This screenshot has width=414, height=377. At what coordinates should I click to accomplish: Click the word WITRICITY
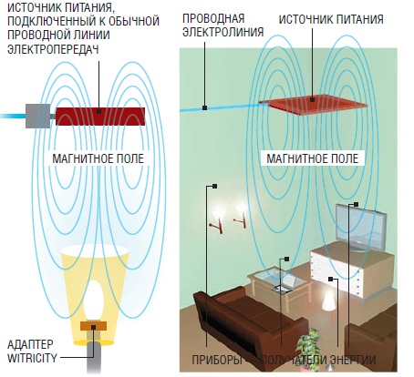[x=32, y=358]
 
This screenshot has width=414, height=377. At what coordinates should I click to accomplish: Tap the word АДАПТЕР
[x=30, y=344]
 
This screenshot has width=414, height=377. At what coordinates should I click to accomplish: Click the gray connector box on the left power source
[x=37, y=116]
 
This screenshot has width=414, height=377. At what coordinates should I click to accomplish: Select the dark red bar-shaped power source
[x=100, y=116]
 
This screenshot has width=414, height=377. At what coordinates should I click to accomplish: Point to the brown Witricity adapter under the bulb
[x=93, y=326]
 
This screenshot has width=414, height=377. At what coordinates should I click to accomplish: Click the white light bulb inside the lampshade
[x=94, y=300]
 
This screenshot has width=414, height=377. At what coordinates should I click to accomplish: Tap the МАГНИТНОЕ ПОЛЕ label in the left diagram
[x=98, y=158]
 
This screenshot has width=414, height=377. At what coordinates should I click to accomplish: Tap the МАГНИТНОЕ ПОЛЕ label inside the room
[x=313, y=158]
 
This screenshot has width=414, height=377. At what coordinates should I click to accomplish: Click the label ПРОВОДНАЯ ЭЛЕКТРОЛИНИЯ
[x=223, y=25]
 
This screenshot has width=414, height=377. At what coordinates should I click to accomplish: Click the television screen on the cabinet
[x=361, y=226]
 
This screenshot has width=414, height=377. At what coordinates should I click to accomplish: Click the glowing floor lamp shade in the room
[x=328, y=301]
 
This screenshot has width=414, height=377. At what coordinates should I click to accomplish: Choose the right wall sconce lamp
[x=241, y=216]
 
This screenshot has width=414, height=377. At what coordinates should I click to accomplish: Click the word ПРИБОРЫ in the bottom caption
[x=217, y=360]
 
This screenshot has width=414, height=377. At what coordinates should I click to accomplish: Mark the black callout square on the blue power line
[x=205, y=107]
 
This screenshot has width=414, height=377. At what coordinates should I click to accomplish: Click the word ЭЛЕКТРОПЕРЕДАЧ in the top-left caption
[x=53, y=49]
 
